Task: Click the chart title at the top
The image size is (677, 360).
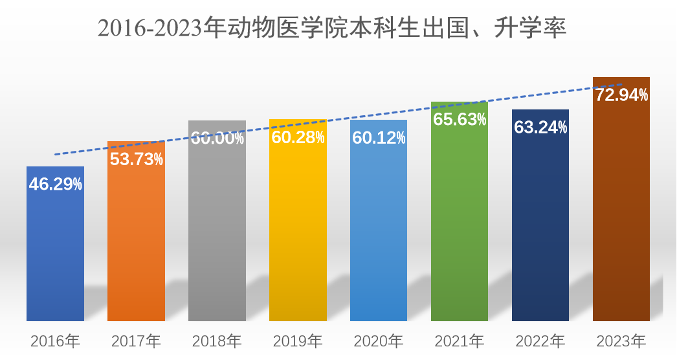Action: point(332,28)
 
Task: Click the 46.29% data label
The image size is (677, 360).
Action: point(56,184)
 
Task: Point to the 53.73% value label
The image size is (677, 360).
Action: point(136,159)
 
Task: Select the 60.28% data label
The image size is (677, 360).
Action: point(298,137)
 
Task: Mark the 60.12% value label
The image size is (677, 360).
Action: point(379,137)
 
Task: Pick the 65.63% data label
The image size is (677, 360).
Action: point(460,120)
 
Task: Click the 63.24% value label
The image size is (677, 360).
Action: point(540,128)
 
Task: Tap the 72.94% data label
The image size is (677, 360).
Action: point(621,95)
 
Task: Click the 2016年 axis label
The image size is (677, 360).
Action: point(55,341)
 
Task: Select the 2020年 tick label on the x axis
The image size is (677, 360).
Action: point(379,341)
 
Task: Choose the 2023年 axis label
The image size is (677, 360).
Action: point(621,341)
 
